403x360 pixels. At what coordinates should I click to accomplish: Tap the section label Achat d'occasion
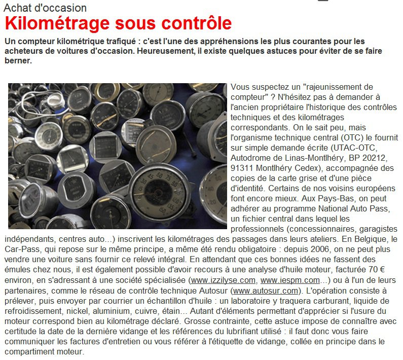click(45, 8)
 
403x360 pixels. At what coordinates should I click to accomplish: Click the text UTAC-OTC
click(347, 148)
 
